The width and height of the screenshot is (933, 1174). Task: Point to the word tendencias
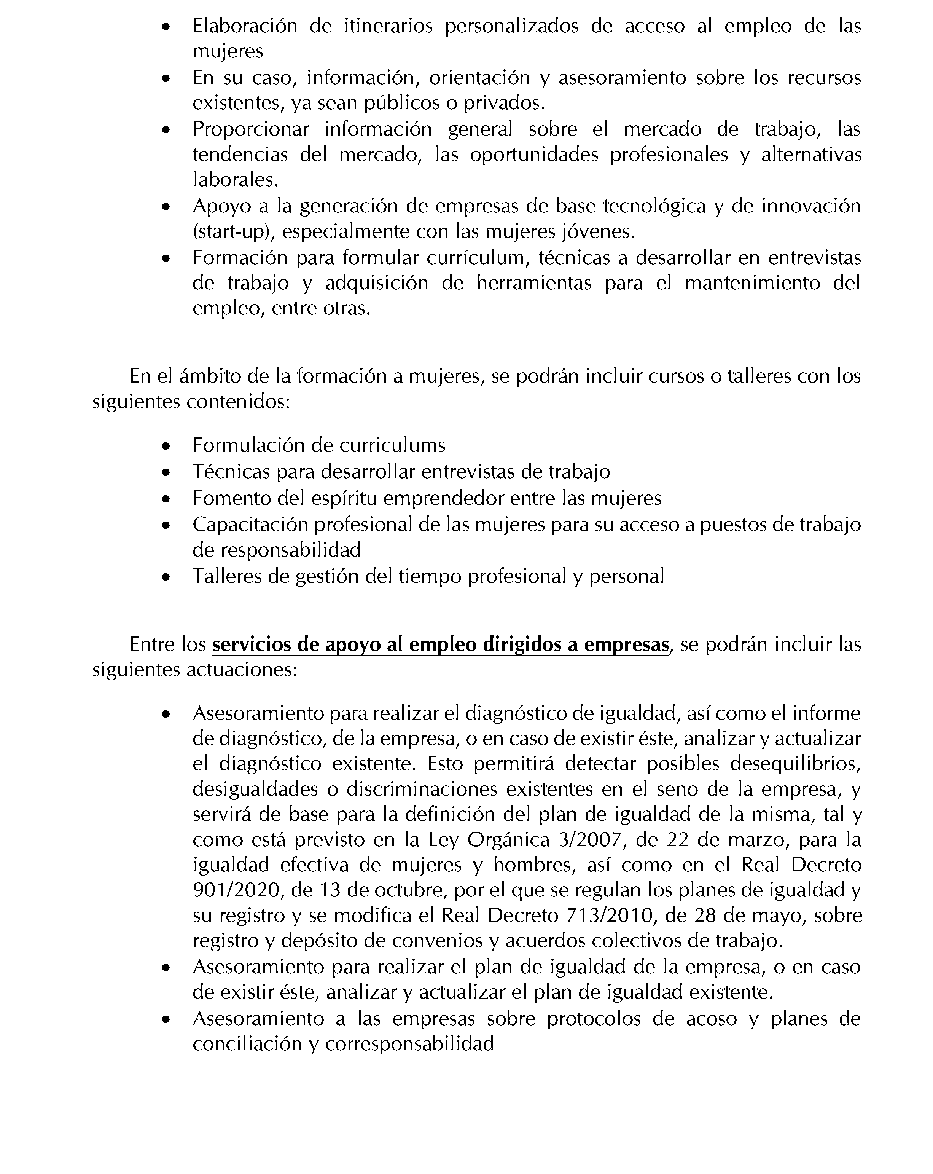240,155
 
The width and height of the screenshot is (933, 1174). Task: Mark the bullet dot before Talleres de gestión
167,577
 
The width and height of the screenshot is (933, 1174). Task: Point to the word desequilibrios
795,764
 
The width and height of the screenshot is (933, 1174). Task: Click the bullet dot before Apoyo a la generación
167,207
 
